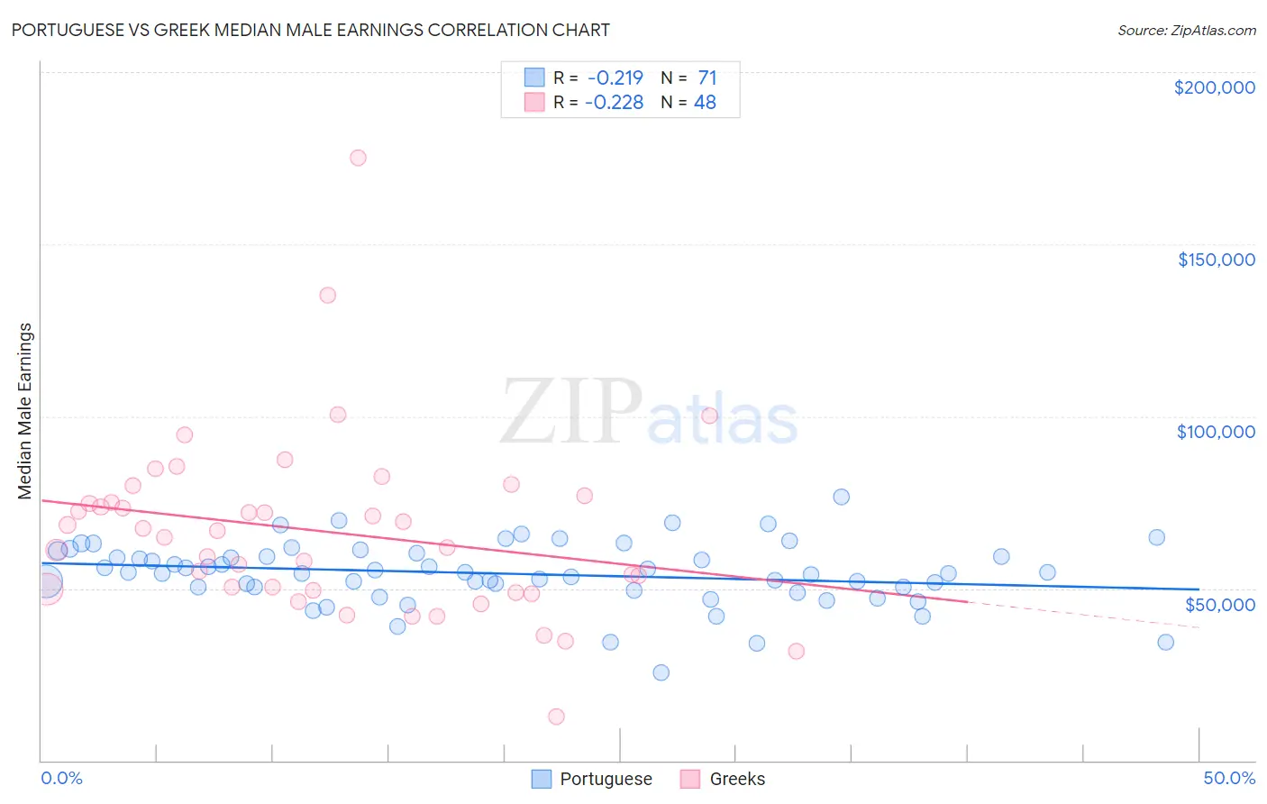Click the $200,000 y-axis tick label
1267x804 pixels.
[1214, 87]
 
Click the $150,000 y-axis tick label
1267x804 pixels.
[1216, 260]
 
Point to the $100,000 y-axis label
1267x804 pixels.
[1216, 432]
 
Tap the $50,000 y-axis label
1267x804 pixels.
[1219, 604]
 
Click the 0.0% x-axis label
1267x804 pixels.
[61, 778]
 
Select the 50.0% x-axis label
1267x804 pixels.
[1229, 778]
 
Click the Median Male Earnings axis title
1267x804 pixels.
[25, 411]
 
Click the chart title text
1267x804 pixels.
[310, 30]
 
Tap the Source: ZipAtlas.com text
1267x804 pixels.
[1186, 30]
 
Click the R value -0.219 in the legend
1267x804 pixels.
[615, 78]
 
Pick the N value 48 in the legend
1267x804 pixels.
[705, 103]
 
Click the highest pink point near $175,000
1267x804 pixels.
[358, 158]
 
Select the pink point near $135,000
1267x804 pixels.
[328, 295]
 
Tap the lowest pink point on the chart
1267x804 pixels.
[556, 717]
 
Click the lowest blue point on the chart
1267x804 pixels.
[661, 672]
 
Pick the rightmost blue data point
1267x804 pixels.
[1165, 643]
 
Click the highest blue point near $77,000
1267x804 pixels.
[841, 497]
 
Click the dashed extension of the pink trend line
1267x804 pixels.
[1081, 614]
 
